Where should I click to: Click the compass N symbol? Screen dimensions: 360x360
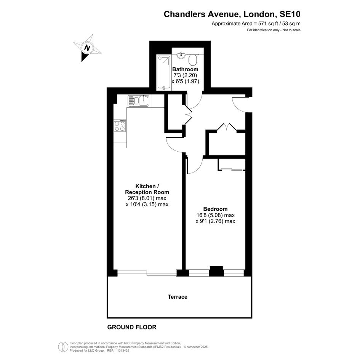(87, 48)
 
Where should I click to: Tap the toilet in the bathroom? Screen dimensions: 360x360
(193, 59)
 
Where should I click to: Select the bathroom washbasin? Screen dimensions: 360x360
(181, 55)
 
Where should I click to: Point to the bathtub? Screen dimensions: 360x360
(164, 72)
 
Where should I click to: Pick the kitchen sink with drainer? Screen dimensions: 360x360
(139, 101)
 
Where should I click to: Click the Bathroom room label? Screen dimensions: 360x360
(185, 69)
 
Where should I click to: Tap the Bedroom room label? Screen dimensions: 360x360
(215, 209)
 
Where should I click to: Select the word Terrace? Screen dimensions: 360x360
(178, 297)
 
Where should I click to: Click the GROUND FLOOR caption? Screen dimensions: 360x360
(132, 327)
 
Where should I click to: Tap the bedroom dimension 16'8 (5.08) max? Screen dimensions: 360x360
(215, 215)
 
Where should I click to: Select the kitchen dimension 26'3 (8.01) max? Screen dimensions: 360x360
(147, 198)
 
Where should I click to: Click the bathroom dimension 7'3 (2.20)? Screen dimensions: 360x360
(185, 75)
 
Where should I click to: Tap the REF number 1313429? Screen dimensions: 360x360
(123, 350)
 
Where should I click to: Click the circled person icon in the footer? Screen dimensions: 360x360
(63, 347)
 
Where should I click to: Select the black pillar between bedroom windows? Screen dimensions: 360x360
(216, 271)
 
